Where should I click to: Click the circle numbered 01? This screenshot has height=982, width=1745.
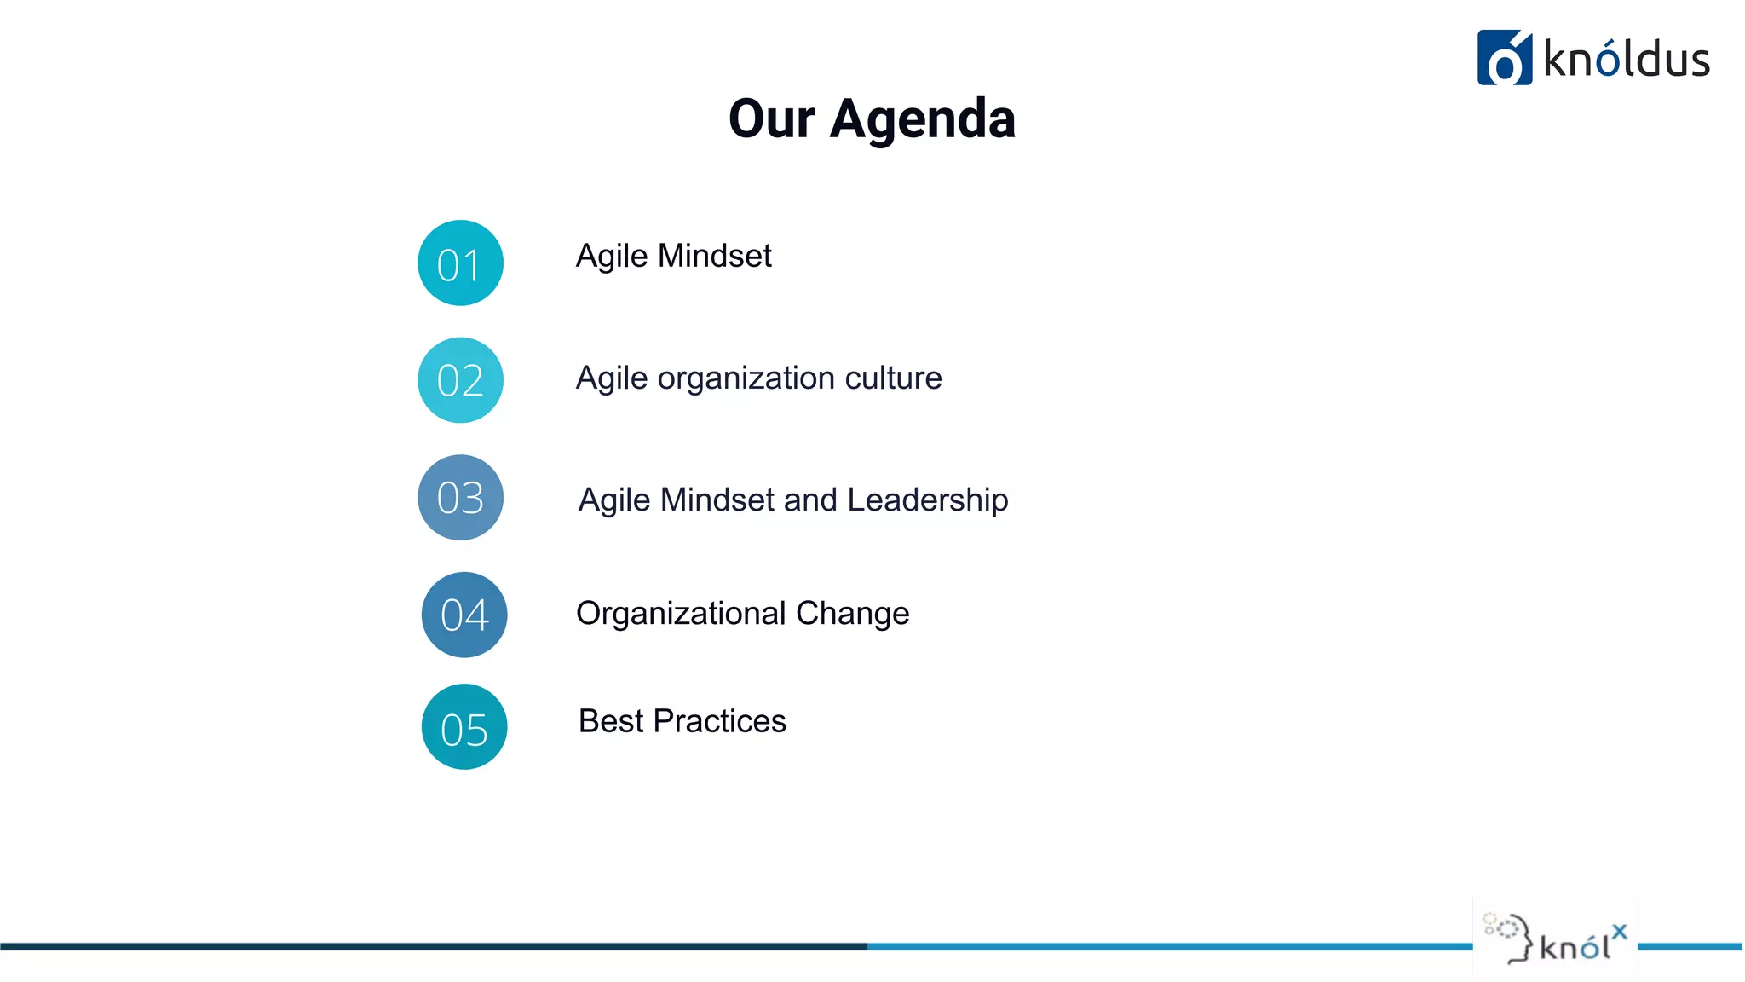(460, 263)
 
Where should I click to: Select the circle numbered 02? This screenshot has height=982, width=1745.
(460, 380)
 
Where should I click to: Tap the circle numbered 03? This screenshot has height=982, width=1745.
(460, 497)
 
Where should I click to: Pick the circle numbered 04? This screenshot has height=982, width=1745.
(464, 615)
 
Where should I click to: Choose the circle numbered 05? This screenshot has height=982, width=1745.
(464, 727)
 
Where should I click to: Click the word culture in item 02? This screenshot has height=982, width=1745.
(893, 378)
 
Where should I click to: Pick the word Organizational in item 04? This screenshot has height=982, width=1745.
(681, 614)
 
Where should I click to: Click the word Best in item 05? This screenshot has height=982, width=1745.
(611, 721)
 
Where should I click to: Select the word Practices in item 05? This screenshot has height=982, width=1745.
(719, 721)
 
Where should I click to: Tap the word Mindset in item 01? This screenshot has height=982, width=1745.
(715, 256)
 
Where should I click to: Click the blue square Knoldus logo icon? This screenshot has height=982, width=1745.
(1504, 58)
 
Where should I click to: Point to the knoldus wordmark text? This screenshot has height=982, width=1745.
(1626, 60)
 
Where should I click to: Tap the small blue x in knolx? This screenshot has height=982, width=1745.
(1619, 932)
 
